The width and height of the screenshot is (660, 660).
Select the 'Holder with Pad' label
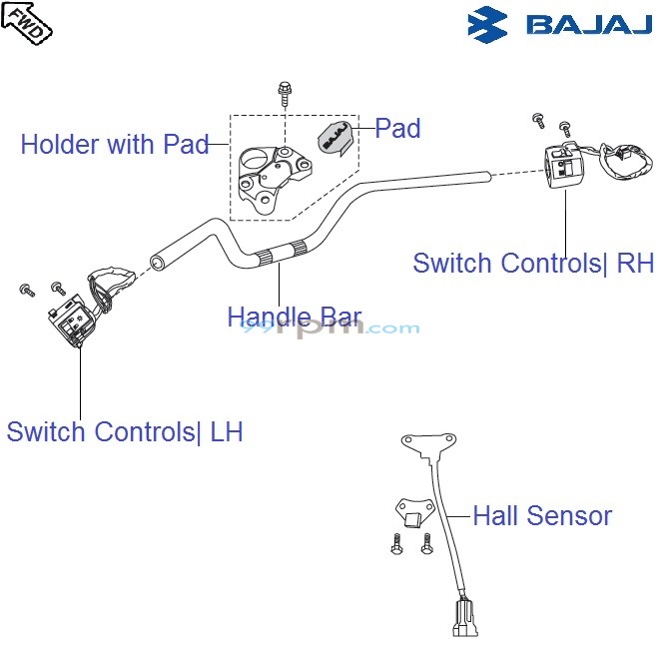(x=114, y=145)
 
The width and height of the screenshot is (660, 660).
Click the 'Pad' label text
(x=397, y=129)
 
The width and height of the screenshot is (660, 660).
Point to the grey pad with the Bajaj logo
(x=336, y=138)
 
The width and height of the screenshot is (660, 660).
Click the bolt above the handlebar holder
(x=285, y=94)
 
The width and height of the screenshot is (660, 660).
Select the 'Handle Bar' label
(x=294, y=318)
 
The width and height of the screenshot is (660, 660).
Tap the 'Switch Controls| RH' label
(x=533, y=264)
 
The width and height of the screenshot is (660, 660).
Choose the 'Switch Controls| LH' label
(x=125, y=432)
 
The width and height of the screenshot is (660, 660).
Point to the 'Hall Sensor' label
(x=542, y=516)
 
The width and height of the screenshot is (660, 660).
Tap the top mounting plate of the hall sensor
(x=428, y=442)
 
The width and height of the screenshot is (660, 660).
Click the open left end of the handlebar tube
(x=157, y=264)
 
